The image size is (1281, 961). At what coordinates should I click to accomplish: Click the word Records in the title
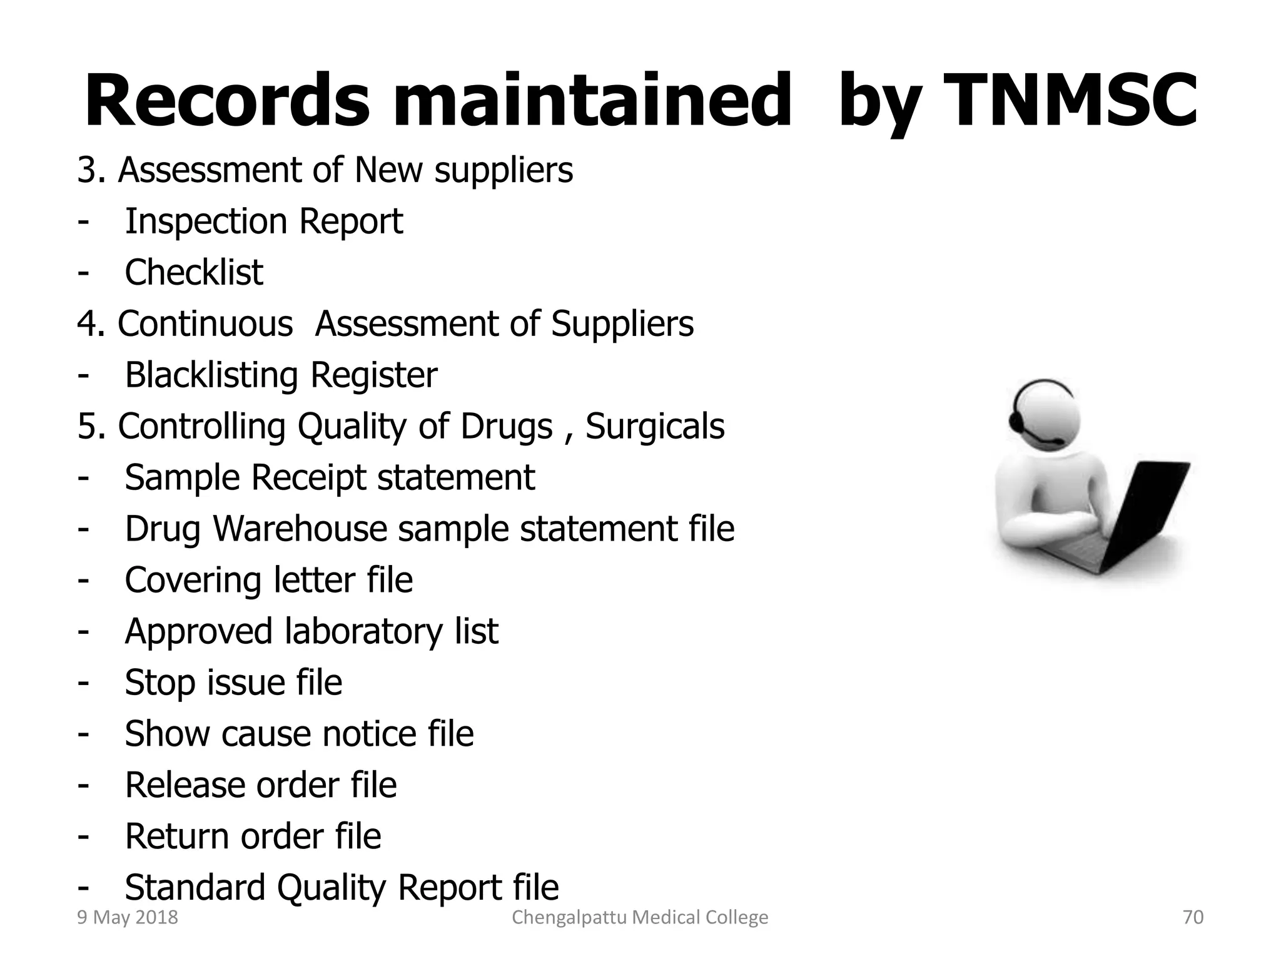point(226,100)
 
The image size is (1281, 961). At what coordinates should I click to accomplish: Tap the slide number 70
point(1193,917)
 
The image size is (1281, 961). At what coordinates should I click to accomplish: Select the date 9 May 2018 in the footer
point(127,917)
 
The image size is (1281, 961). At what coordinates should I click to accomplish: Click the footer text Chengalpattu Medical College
point(640,917)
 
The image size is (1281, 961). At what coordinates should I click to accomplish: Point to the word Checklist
point(194,272)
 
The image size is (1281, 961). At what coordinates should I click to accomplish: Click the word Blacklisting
point(211,375)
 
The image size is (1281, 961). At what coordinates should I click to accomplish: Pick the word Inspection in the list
point(206,221)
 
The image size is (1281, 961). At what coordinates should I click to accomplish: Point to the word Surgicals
point(655,427)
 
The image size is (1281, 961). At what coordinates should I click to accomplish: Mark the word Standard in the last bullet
point(195,887)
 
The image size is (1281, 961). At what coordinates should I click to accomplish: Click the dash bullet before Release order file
point(83,785)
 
